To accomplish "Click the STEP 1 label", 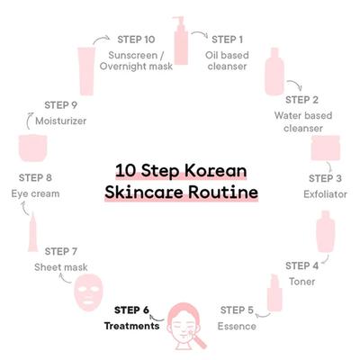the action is pyautogui.click(x=227, y=40).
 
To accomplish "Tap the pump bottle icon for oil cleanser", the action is pyautogui.click(x=181, y=40).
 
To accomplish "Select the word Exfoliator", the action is pyautogui.click(x=325, y=194).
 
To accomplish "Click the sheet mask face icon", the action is pyautogui.click(x=88, y=293).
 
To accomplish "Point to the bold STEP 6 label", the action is pyautogui.click(x=131, y=310).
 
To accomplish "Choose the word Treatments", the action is pyautogui.click(x=131, y=326).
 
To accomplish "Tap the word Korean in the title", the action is pyautogui.click(x=215, y=170).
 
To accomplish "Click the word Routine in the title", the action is pyautogui.click(x=223, y=192).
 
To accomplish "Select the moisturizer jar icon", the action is pyautogui.click(x=33, y=148).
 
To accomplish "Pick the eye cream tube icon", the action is pyautogui.click(x=33, y=232).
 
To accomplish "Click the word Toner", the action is pyautogui.click(x=302, y=282).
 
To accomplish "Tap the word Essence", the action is pyautogui.click(x=237, y=326).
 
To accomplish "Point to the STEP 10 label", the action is pyautogui.click(x=136, y=40).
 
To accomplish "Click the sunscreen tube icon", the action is pyautogui.click(x=86, y=71).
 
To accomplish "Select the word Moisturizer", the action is pyautogui.click(x=61, y=121).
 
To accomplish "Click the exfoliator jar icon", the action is pyautogui.click(x=326, y=148).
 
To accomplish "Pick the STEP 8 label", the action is pyautogui.click(x=35, y=177).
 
